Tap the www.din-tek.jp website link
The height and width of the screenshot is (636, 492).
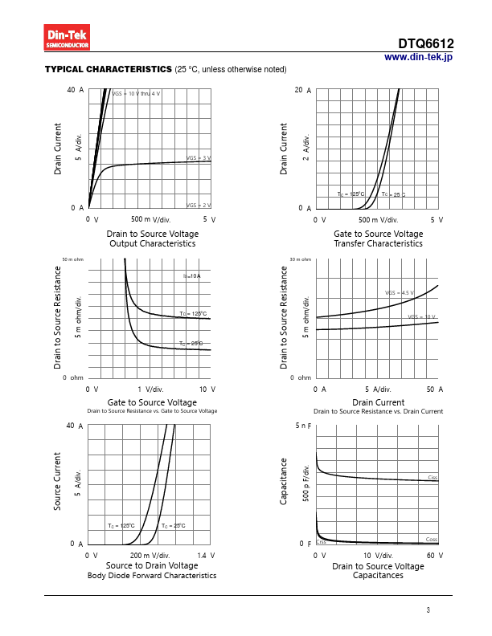click(x=418, y=57)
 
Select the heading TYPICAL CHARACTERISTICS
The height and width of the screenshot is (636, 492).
click(x=109, y=70)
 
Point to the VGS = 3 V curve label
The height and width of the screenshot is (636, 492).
click(x=199, y=158)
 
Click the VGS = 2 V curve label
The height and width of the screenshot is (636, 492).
click(x=199, y=206)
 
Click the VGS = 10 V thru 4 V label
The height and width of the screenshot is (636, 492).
click(x=136, y=94)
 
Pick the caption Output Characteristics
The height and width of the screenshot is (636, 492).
click(x=152, y=243)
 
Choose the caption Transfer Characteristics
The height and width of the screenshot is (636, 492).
click(x=378, y=243)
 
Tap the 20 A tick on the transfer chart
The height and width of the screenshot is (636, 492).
click(x=303, y=90)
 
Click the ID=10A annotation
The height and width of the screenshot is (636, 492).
click(x=191, y=276)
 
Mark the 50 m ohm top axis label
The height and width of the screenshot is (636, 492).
click(x=72, y=259)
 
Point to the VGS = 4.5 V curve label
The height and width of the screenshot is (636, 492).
click(x=400, y=293)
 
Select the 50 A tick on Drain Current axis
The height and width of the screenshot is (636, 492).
click(x=435, y=389)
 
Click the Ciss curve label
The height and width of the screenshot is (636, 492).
click(x=433, y=478)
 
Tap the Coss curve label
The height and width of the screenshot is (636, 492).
click(x=432, y=539)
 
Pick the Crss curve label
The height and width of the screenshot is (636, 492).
click(x=321, y=543)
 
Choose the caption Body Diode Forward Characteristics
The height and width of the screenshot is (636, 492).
click(x=152, y=576)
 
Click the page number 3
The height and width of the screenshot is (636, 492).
click(x=428, y=610)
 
